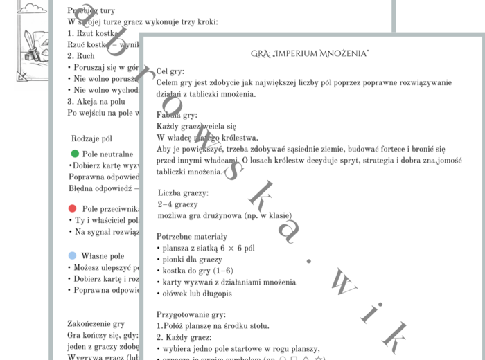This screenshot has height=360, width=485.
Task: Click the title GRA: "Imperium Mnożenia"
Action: [310, 53]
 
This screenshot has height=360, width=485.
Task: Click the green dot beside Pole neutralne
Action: [75, 153]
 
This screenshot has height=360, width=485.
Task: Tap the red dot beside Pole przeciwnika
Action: [73, 208]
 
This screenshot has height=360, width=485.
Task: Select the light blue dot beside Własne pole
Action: [73, 255]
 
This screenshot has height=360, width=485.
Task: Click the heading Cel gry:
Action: [170, 71]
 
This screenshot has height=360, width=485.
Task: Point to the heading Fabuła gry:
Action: [177, 115]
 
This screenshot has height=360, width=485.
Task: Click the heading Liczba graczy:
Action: [183, 192]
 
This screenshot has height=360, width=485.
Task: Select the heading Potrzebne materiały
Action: [191, 237]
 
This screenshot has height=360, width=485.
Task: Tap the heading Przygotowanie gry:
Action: [192, 314]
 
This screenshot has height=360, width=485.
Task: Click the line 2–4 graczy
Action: [177, 204]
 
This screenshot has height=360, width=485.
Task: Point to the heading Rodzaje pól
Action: [91, 138]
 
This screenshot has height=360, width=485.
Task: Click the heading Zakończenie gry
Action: [96, 323]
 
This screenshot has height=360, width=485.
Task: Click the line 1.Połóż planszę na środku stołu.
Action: [212, 325]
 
